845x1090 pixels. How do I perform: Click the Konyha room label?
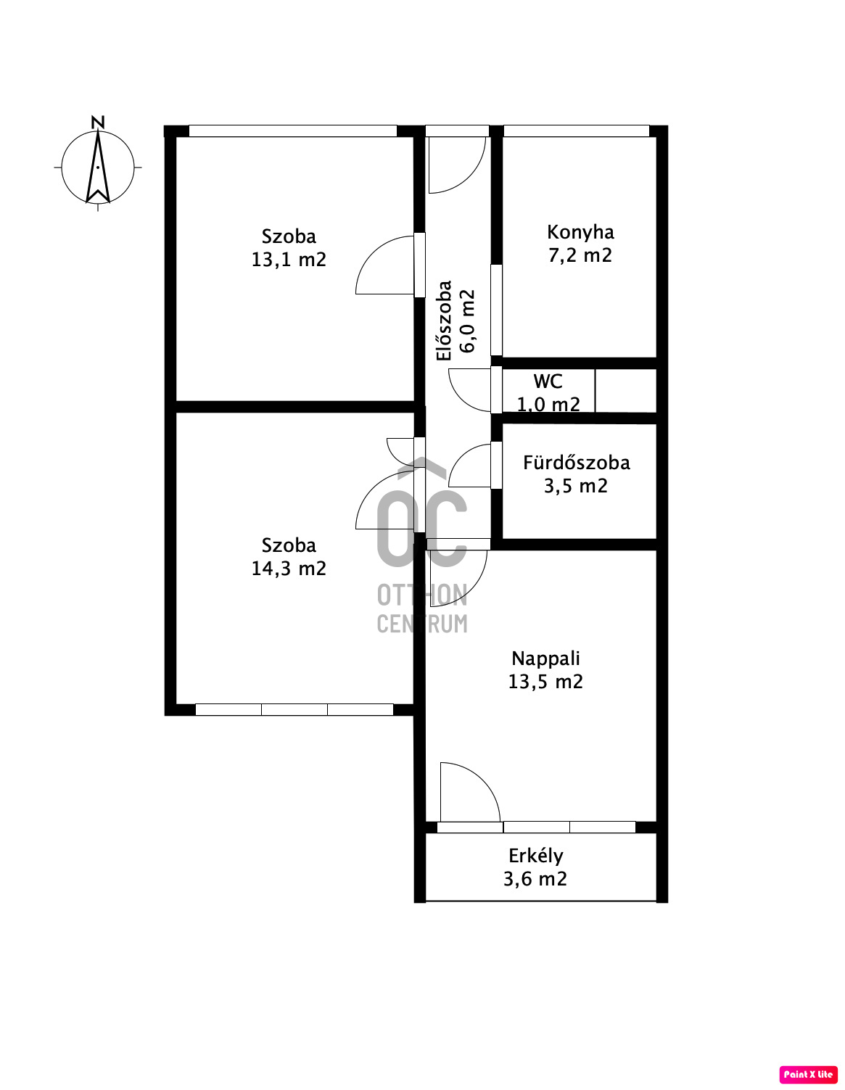point(580,232)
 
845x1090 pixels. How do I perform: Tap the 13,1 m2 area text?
point(289,260)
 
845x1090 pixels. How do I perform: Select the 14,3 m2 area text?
point(289,569)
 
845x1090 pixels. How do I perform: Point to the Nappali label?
point(545,659)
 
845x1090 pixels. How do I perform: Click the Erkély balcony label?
point(535,856)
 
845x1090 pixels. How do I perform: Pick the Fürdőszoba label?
point(576,463)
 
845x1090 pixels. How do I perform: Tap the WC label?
point(548,381)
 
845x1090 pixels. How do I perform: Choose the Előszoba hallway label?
point(445,321)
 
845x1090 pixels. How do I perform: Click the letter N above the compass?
point(98,123)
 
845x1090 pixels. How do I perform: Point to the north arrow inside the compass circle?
point(98,167)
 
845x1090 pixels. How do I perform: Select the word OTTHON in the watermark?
point(422,595)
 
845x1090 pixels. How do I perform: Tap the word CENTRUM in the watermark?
point(422,624)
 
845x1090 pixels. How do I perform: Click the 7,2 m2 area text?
point(580,255)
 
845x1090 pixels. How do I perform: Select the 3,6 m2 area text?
point(535,879)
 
